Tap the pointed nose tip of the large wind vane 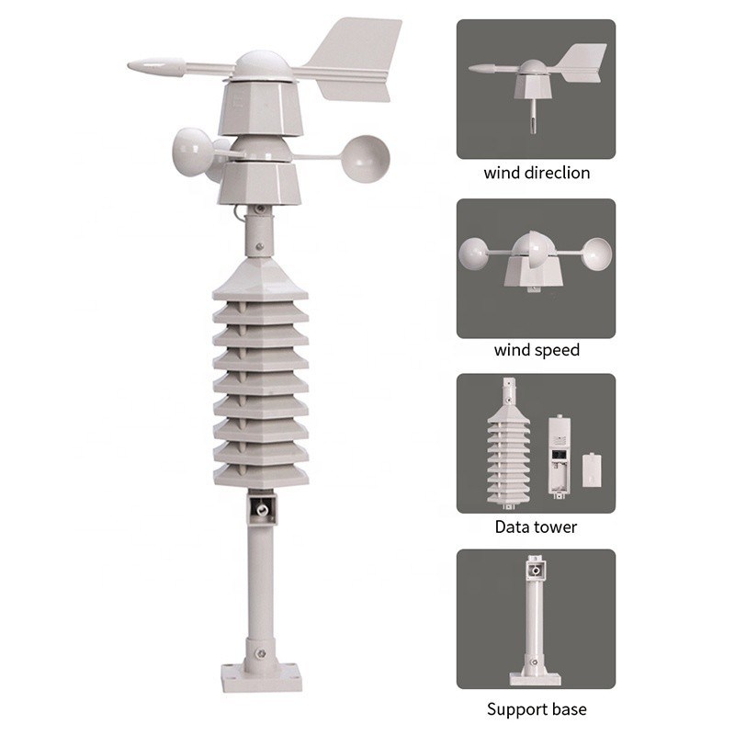pyautogui.click(x=130, y=66)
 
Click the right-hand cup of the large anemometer pyautogui.click(x=365, y=159)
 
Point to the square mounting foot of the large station pyautogui.click(x=262, y=677)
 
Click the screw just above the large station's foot pyautogui.click(x=262, y=653)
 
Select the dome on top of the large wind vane pyautogui.click(x=261, y=65)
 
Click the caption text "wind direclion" pyautogui.click(x=537, y=173)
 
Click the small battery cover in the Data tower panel pyautogui.click(x=592, y=469)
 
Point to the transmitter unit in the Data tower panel pyautogui.click(x=560, y=455)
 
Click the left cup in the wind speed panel pyautogui.click(x=474, y=254)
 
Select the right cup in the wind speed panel pyautogui.click(x=596, y=254)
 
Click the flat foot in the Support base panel pyautogui.click(x=535, y=679)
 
